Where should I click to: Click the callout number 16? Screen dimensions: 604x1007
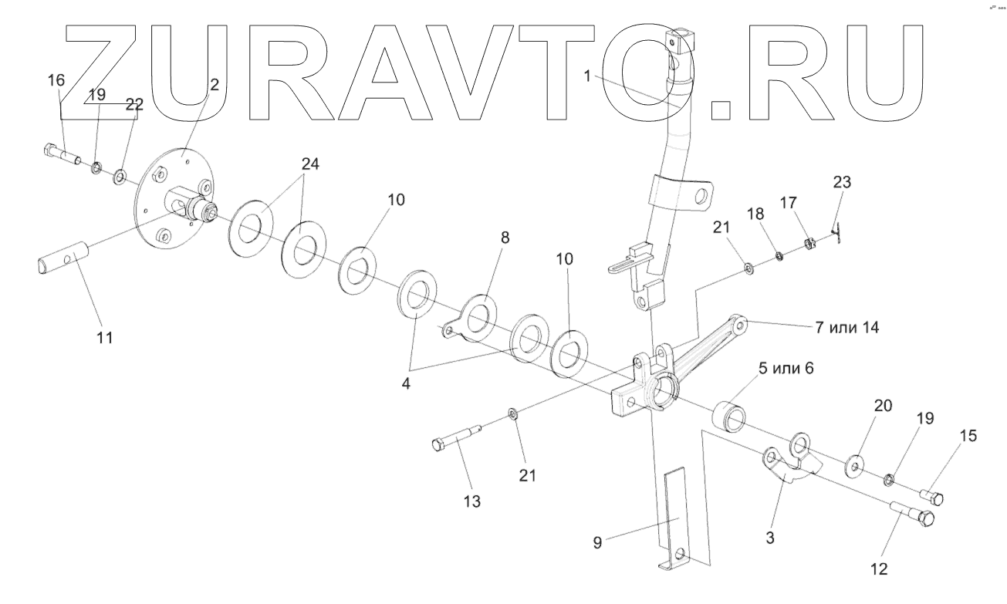pyautogui.click(x=57, y=80)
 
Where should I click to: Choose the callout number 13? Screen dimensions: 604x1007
pyautogui.click(x=471, y=501)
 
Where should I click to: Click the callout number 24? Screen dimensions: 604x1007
pyautogui.click(x=309, y=164)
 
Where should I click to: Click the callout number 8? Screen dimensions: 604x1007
pyautogui.click(x=505, y=238)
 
